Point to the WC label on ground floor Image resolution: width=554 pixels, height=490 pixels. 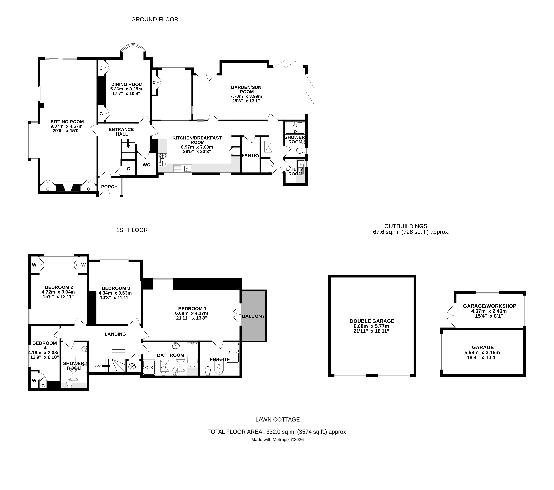(146, 165)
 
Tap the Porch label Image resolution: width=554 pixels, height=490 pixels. (109, 187)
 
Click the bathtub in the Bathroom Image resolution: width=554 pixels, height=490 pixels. (192, 355)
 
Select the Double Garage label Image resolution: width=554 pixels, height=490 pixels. (372, 321)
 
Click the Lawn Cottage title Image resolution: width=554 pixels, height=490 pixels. (277, 420)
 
